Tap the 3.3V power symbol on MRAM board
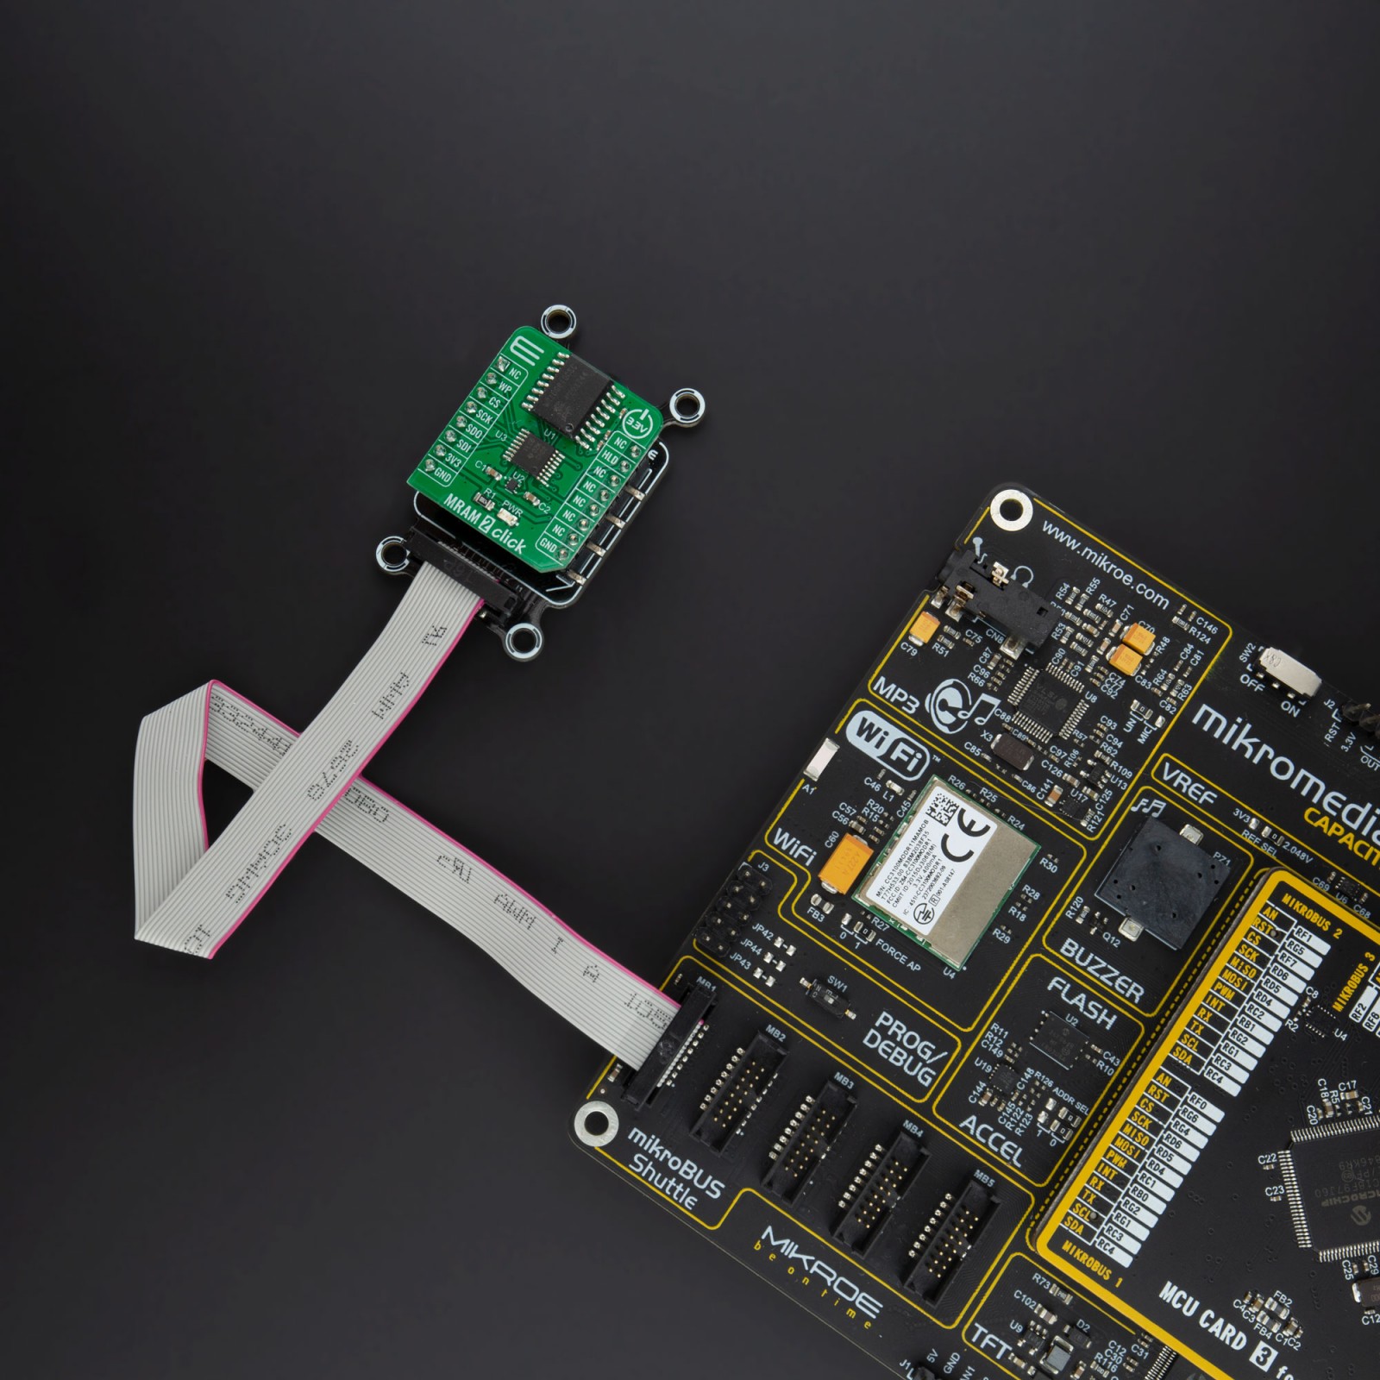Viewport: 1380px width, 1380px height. click(637, 423)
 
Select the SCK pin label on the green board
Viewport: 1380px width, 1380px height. click(485, 417)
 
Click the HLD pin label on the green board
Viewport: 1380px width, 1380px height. click(610, 457)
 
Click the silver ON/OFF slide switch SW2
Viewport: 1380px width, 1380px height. click(1292, 672)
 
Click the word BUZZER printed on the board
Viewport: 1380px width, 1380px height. click(1101, 970)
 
